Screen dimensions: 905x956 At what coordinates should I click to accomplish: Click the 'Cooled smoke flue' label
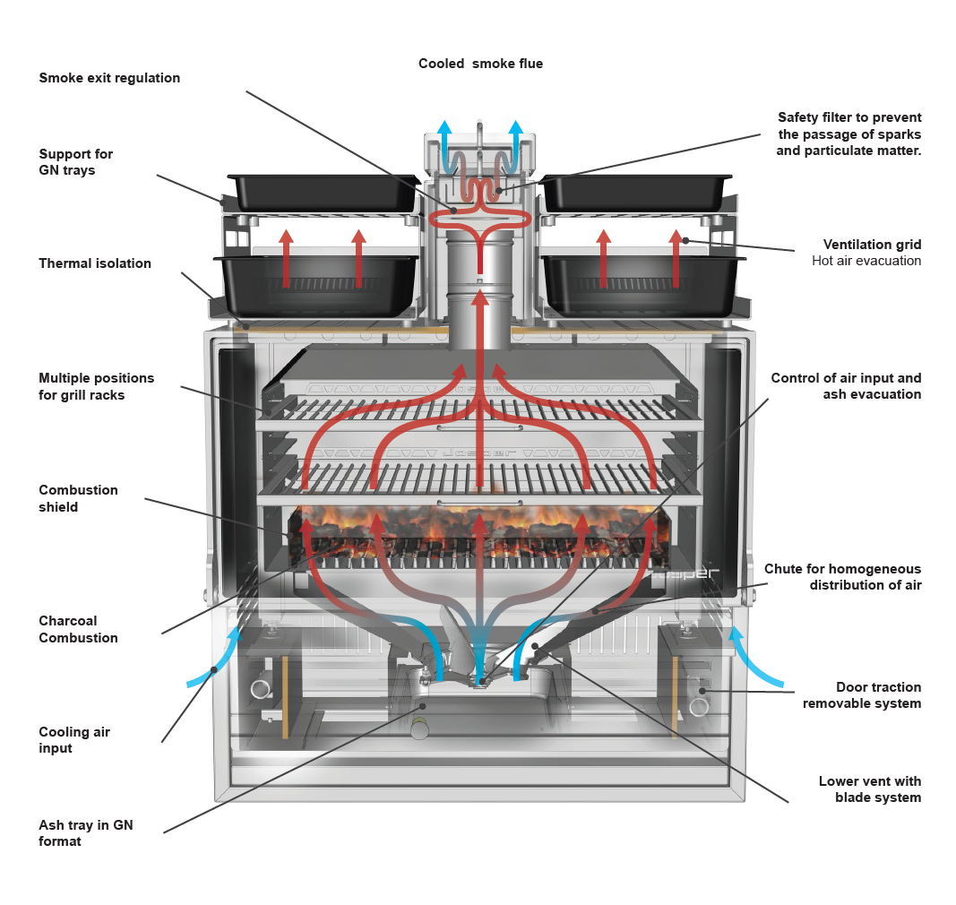tap(480, 64)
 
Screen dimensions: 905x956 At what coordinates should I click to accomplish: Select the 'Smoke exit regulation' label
tap(109, 78)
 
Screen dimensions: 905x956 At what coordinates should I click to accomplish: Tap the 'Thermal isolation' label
tap(95, 263)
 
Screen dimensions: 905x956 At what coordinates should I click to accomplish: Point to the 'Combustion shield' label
tap(78, 498)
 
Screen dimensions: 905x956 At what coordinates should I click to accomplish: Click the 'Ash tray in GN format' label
tap(85, 832)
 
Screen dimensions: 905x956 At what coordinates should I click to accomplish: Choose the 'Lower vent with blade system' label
tap(869, 789)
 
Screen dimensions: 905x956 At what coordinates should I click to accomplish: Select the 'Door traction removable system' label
tap(861, 695)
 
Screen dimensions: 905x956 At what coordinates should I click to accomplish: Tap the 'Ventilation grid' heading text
tap(872, 245)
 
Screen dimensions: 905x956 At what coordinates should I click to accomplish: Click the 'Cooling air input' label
tap(74, 739)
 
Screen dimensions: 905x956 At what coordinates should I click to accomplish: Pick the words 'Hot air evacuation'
tap(866, 261)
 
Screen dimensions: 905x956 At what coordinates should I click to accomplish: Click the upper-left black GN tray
tap(323, 191)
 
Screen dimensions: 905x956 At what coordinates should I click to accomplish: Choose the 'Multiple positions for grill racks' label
tap(96, 386)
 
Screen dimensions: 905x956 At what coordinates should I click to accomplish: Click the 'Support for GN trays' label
tap(75, 162)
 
